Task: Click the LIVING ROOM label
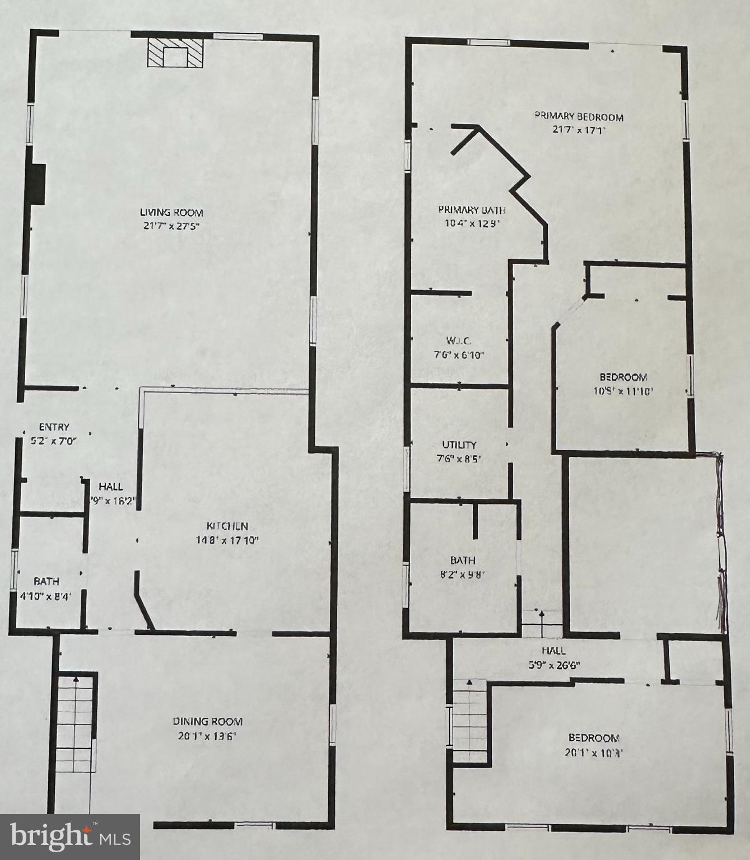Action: tap(171, 213)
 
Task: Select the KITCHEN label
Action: tap(227, 526)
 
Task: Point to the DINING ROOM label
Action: tap(207, 722)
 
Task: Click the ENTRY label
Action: tap(54, 427)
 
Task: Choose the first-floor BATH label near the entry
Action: tap(46, 582)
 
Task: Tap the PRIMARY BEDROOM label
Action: tap(579, 117)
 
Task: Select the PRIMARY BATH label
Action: tap(472, 211)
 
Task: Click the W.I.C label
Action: tap(459, 340)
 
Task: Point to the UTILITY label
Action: tap(459, 445)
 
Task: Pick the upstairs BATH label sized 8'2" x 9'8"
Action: tap(463, 560)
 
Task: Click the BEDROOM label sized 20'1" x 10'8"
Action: tap(594, 738)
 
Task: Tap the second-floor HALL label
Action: tap(553, 651)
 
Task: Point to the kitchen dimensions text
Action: tap(227, 540)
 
